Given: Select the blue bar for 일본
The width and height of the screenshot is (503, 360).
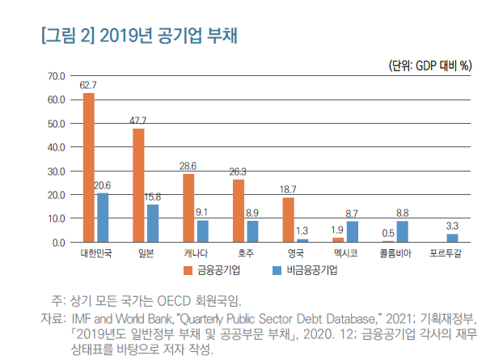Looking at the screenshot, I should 153,223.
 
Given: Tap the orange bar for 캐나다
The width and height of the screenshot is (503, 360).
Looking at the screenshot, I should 188,208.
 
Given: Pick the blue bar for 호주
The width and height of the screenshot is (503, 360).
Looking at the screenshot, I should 252,231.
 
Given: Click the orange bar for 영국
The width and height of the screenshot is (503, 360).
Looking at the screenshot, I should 288,219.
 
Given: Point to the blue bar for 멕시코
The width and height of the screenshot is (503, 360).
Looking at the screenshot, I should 352,231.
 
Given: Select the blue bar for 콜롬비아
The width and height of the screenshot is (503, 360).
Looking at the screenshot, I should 402,231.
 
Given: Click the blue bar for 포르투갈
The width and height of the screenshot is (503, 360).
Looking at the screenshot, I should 452,238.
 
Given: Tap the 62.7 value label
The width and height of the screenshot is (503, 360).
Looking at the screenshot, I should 88,84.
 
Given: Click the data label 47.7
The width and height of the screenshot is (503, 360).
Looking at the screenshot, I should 138,120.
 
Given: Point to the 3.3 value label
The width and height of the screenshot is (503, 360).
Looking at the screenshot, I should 453,225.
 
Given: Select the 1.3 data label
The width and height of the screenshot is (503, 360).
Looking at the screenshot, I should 302,231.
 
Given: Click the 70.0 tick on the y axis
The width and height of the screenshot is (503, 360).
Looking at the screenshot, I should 56,76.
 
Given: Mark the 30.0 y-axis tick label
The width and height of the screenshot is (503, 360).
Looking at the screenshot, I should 56,171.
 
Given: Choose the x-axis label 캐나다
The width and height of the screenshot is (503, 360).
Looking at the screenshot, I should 195,254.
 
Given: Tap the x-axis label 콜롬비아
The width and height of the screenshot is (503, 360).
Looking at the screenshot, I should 395,254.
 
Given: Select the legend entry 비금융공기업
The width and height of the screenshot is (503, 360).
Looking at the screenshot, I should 309,269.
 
